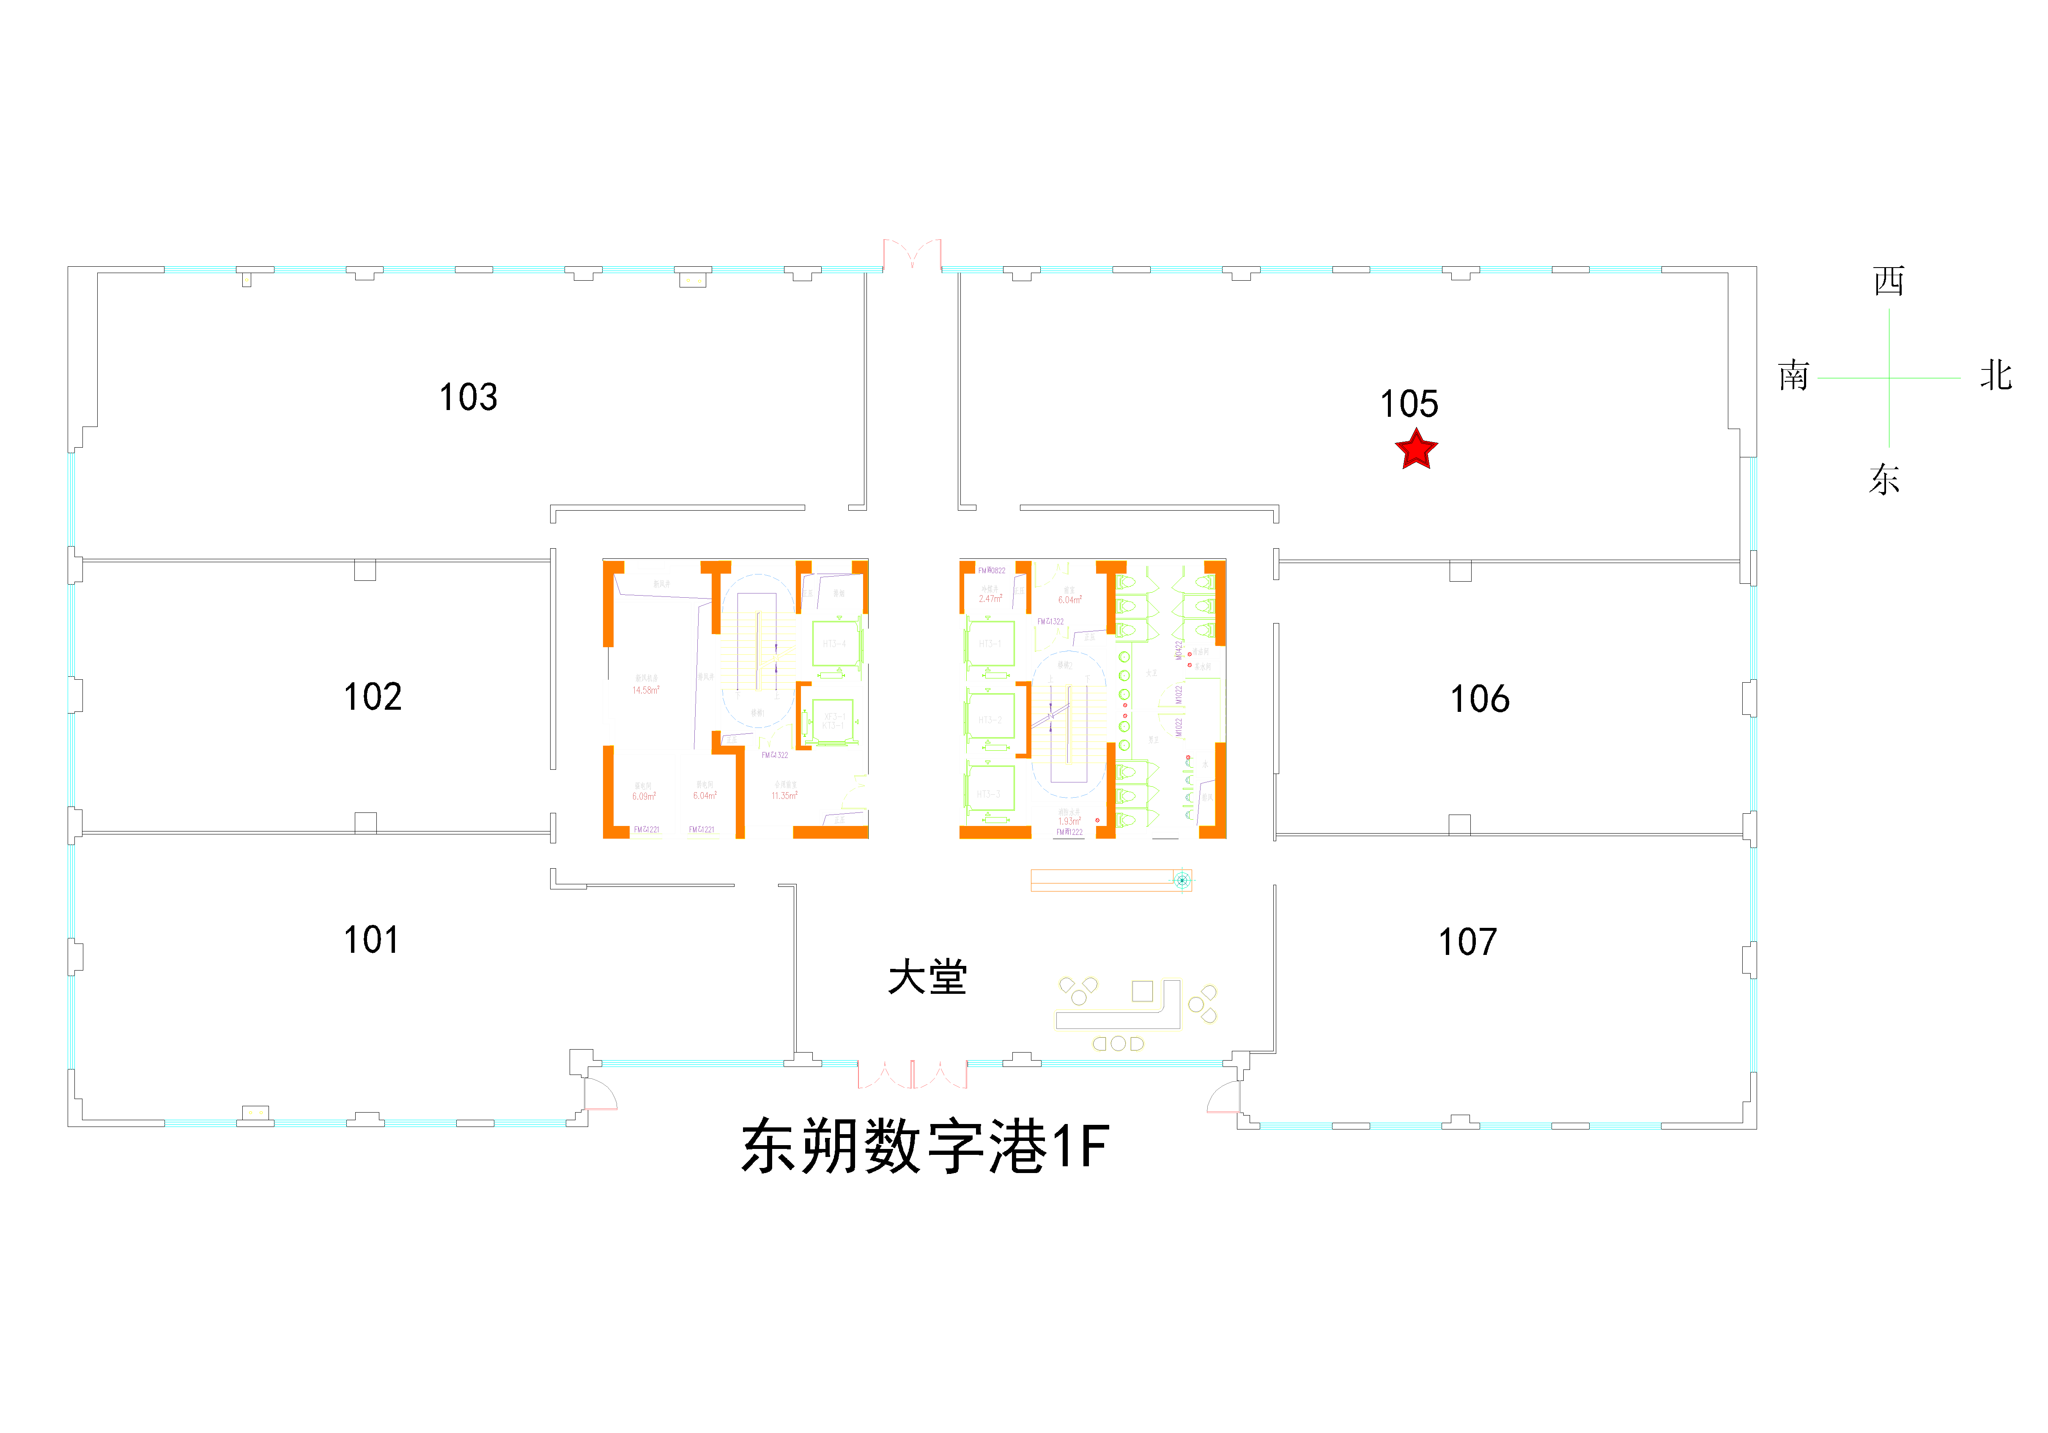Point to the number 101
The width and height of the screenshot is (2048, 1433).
pos(371,940)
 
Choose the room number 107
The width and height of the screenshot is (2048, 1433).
pos(1467,943)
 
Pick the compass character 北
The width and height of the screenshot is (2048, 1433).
pos(1996,375)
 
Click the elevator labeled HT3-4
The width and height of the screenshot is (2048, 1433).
pos(835,644)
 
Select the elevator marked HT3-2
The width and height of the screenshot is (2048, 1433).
pos(990,719)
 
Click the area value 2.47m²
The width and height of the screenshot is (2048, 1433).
pos(990,598)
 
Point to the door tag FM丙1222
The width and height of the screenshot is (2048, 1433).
pos(1069,832)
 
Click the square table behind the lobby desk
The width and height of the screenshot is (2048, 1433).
pos(1142,991)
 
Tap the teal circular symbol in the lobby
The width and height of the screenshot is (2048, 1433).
pos(1182,880)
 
